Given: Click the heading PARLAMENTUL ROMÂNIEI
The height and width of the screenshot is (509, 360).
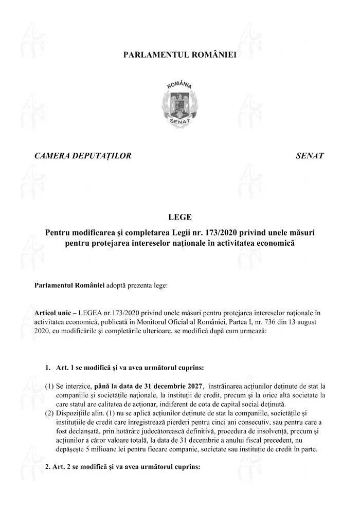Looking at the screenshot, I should (x=179, y=54).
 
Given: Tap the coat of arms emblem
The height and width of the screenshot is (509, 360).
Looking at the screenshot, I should (x=179, y=103).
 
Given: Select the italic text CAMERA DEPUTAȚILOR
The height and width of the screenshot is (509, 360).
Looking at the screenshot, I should (x=83, y=155).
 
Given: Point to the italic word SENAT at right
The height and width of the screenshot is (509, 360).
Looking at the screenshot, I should (x=310, y=155).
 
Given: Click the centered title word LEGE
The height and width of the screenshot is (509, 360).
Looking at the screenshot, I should (x=179, y=217).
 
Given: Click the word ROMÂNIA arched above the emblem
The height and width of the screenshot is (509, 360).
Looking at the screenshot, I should (x=179, y=83).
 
